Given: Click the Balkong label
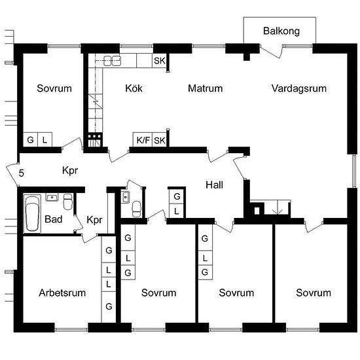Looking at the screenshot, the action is pos(281,31).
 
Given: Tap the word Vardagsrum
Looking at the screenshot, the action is pos(299,88).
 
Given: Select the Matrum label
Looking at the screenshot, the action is pos(206,88).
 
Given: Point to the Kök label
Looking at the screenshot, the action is pos(134,88).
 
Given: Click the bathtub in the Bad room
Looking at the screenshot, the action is pos(32,213).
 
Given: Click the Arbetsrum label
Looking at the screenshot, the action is pos(62,293).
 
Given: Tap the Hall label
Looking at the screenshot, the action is pos(214,185).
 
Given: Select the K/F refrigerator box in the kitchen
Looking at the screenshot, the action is pos(143,139).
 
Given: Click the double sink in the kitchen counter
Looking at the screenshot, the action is pos(112,61).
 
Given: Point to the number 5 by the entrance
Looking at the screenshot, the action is pos(21,173).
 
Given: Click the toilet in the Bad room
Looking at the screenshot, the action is pos(68,202).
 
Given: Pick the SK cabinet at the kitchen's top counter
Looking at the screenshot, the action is pos(160,61).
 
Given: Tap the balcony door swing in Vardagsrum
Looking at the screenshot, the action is pos(271,52).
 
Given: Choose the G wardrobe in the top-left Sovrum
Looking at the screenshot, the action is pos(30,139).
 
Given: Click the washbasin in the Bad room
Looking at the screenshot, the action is pos(52,197).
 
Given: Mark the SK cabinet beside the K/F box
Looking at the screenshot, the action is pos(160,140).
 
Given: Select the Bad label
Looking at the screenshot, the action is pos(53,219).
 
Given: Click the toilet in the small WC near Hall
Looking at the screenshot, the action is pos(136,209).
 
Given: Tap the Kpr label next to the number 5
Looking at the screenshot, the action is pos(70,171).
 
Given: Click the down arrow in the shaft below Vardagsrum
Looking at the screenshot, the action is pos(278,207).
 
